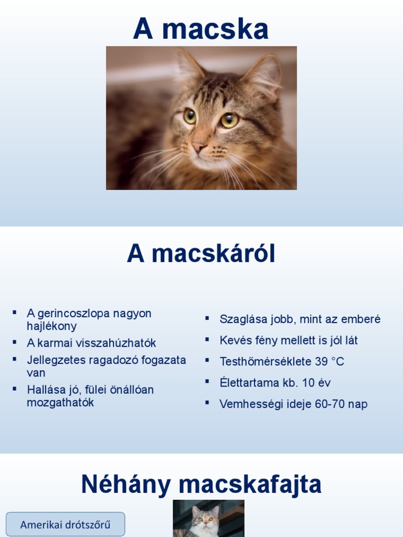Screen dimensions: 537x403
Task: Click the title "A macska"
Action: click(x=200, y=29)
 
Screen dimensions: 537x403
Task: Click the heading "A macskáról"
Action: click(x=201, y=254)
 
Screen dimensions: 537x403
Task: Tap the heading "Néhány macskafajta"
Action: click(x=201, y=485)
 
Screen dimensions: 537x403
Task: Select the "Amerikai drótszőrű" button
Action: click(x=66, y=524)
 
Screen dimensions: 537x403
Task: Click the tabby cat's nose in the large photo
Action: click(x=199, y=146)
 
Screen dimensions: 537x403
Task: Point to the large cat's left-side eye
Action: click(x=189, y=116)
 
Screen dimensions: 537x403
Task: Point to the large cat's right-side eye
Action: click(x=229, y=120)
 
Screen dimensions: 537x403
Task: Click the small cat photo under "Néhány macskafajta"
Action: click(x=208, y=519)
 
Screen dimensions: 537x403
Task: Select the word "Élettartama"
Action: click(x=249, y=383)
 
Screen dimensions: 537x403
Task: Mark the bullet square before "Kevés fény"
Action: click(x=207, y=339)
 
